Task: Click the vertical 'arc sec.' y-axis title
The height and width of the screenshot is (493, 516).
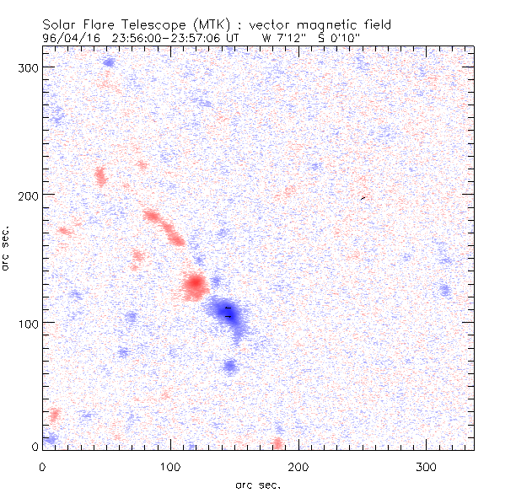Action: (8, 248)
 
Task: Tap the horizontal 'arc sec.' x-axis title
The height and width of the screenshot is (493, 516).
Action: (257, 485)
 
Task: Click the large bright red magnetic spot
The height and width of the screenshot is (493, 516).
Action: (195, 285)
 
